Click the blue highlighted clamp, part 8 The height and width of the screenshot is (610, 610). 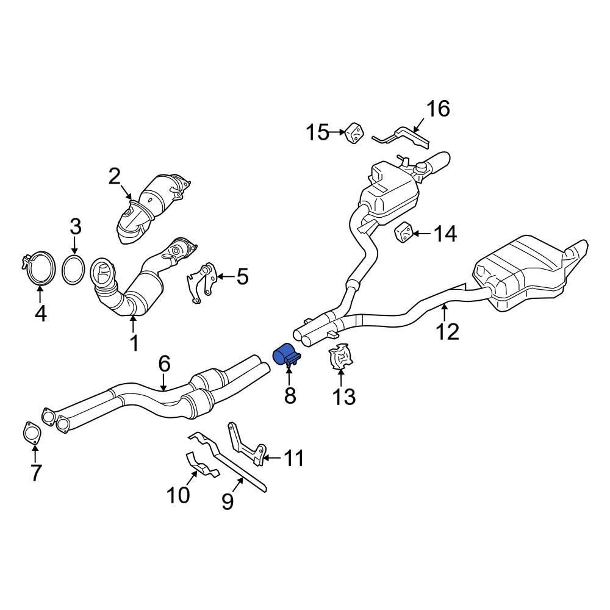(285, 354)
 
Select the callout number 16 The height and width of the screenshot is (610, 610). (437, 109)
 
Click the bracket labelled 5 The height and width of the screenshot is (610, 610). (201, 282)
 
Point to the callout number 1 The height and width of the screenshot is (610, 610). (134, 343)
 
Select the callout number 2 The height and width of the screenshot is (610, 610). (115, 177)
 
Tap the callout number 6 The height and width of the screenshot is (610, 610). (164, 365)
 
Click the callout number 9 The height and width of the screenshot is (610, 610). (228, 502)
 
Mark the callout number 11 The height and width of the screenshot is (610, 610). (294, 458)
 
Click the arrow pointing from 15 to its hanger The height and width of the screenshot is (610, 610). (337, 132)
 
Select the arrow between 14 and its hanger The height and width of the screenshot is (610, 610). (423, 233)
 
